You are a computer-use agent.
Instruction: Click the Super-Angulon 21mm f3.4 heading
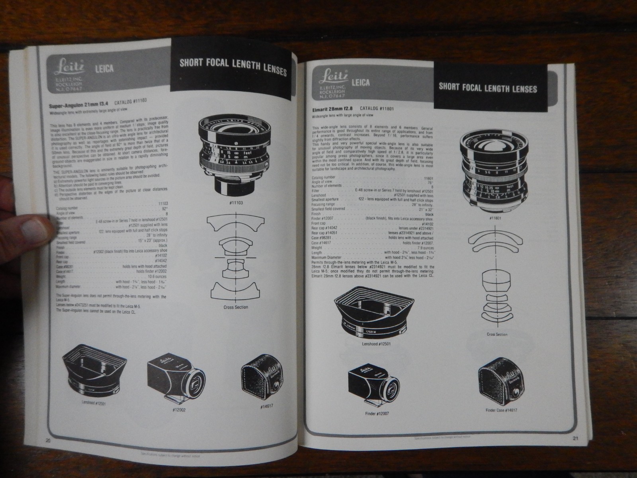click(x=76, y=106)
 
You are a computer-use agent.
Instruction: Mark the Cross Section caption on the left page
click(x=235, y=307)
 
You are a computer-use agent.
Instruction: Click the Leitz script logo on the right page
click(x=333, y=75)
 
